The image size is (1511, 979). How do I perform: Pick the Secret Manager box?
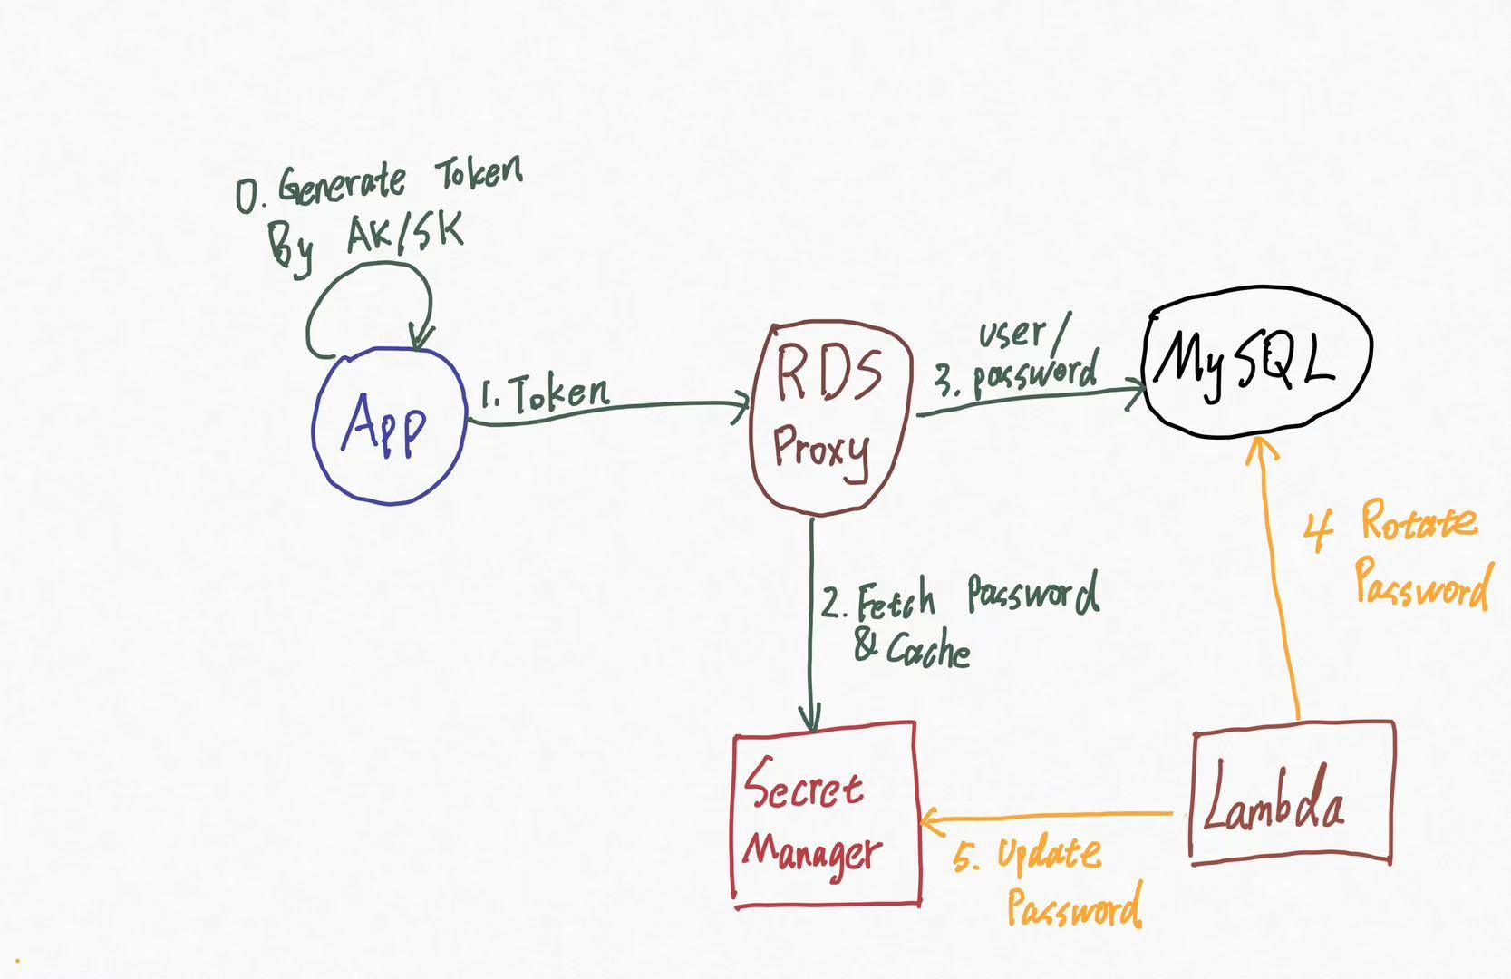[825, 814]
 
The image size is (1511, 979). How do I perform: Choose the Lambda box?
[1291, 792]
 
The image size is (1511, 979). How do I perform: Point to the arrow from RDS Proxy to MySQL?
[1024, 400]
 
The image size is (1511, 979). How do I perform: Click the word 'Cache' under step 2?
[927, 651]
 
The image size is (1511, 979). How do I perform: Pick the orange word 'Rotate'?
[1418, 522]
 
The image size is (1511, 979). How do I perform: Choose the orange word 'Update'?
[1049, 855]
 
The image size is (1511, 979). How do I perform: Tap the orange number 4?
[1318, 530]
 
